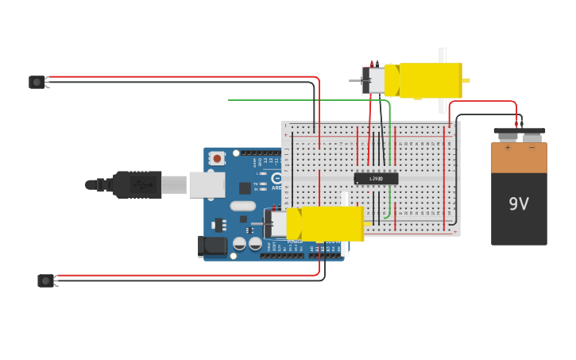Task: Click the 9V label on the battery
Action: pos(519,204)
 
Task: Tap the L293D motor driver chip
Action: pos(376,179)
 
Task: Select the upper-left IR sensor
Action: pos(37,82)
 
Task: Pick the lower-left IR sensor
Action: pos(46,281)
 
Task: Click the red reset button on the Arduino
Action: pos(217,158)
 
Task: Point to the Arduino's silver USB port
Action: pos(207,184)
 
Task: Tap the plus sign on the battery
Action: pos(508,148)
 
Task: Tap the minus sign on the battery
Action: pos(532,148)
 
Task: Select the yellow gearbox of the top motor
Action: pos(430,80)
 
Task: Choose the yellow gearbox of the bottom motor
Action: pos(331,224)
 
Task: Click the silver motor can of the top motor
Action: pos(375,80)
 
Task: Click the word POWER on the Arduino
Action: pos(295,242)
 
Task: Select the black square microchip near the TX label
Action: pos(245,188)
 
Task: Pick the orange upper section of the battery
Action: pos(519,160)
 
